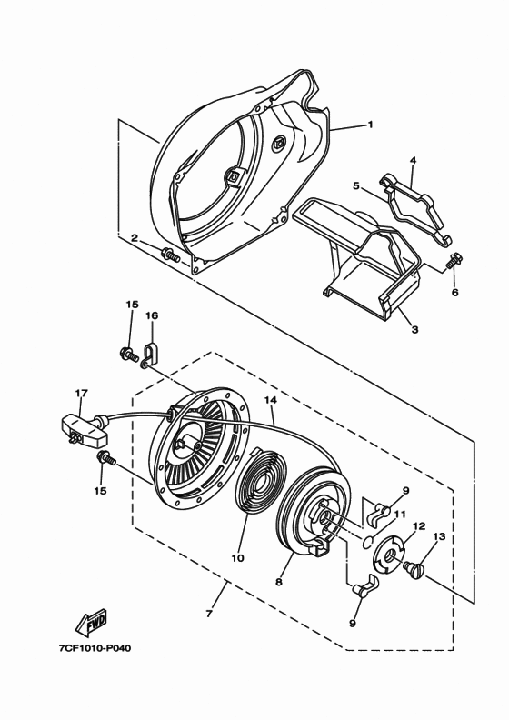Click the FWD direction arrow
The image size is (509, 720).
pos(91,623)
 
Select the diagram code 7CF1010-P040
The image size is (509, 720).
pos(95,648)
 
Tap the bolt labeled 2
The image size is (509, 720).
pos(170,254)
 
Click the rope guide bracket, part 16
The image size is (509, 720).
pos(148,355)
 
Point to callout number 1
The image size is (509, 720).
pos(370,124)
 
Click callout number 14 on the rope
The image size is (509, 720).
pos(271,400)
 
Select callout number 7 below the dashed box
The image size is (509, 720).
pos(209,614)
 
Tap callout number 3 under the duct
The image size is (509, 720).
pos(414,329)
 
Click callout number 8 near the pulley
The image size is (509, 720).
pos(279,582)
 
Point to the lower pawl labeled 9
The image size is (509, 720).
pos(365,587)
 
